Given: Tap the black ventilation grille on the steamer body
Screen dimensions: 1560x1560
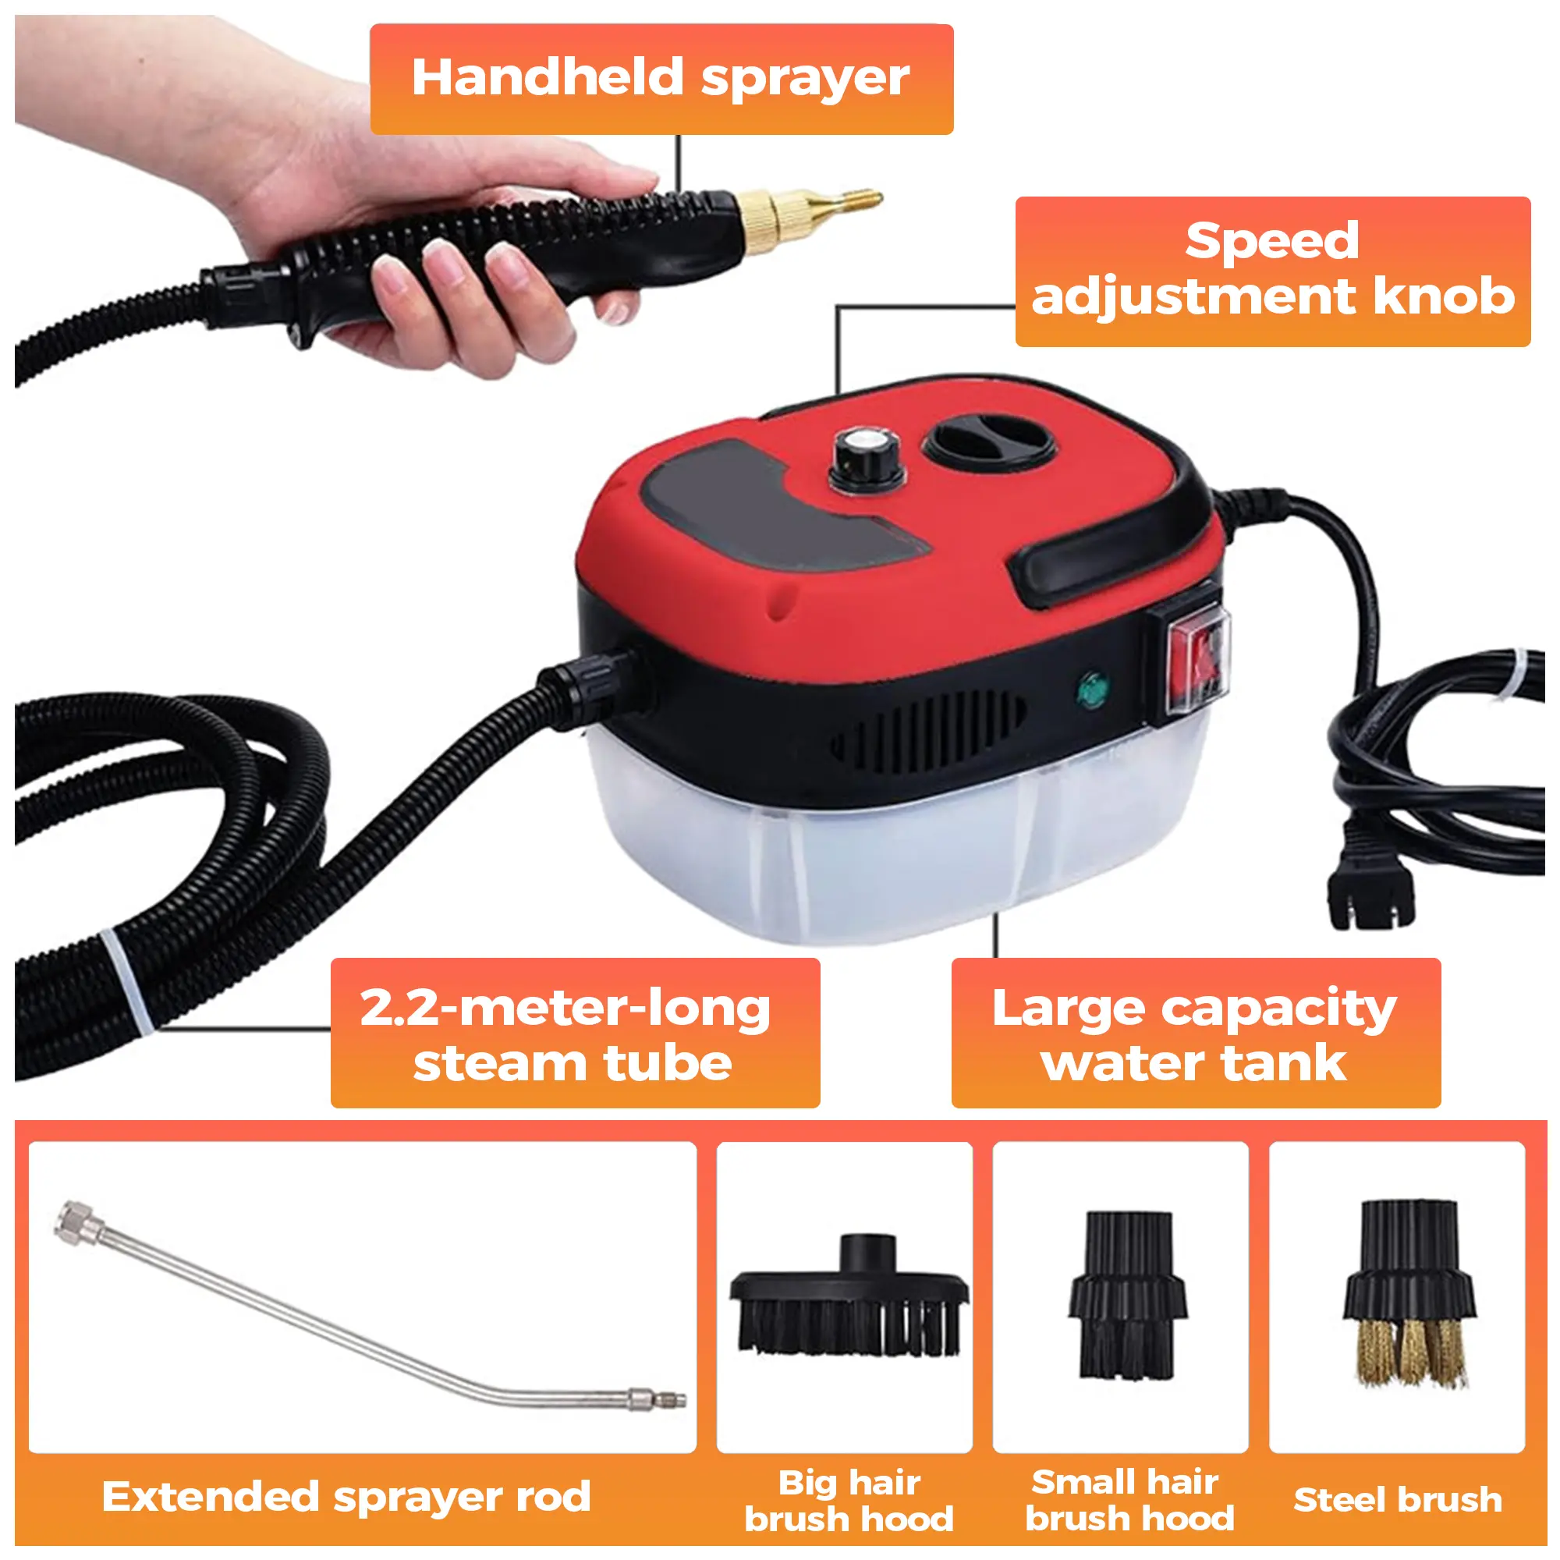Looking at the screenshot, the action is (928, 731).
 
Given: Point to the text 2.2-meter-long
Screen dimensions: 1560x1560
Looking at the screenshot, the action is (565, 1009).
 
